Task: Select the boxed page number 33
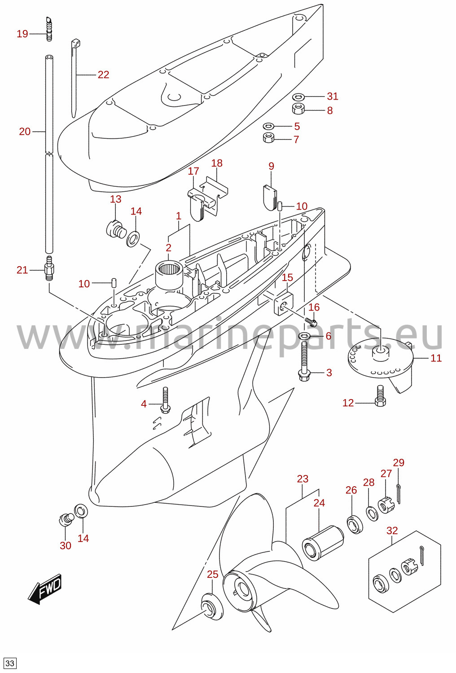9,663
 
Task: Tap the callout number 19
22,34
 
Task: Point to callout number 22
103,75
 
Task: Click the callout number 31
333,97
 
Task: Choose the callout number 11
436,358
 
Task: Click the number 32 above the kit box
392,531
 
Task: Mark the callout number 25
213,574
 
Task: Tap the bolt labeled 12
380,396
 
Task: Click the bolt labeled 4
165,400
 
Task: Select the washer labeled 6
304,336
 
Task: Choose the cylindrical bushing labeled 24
323,543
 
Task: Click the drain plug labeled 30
66,519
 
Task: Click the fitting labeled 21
49,268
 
